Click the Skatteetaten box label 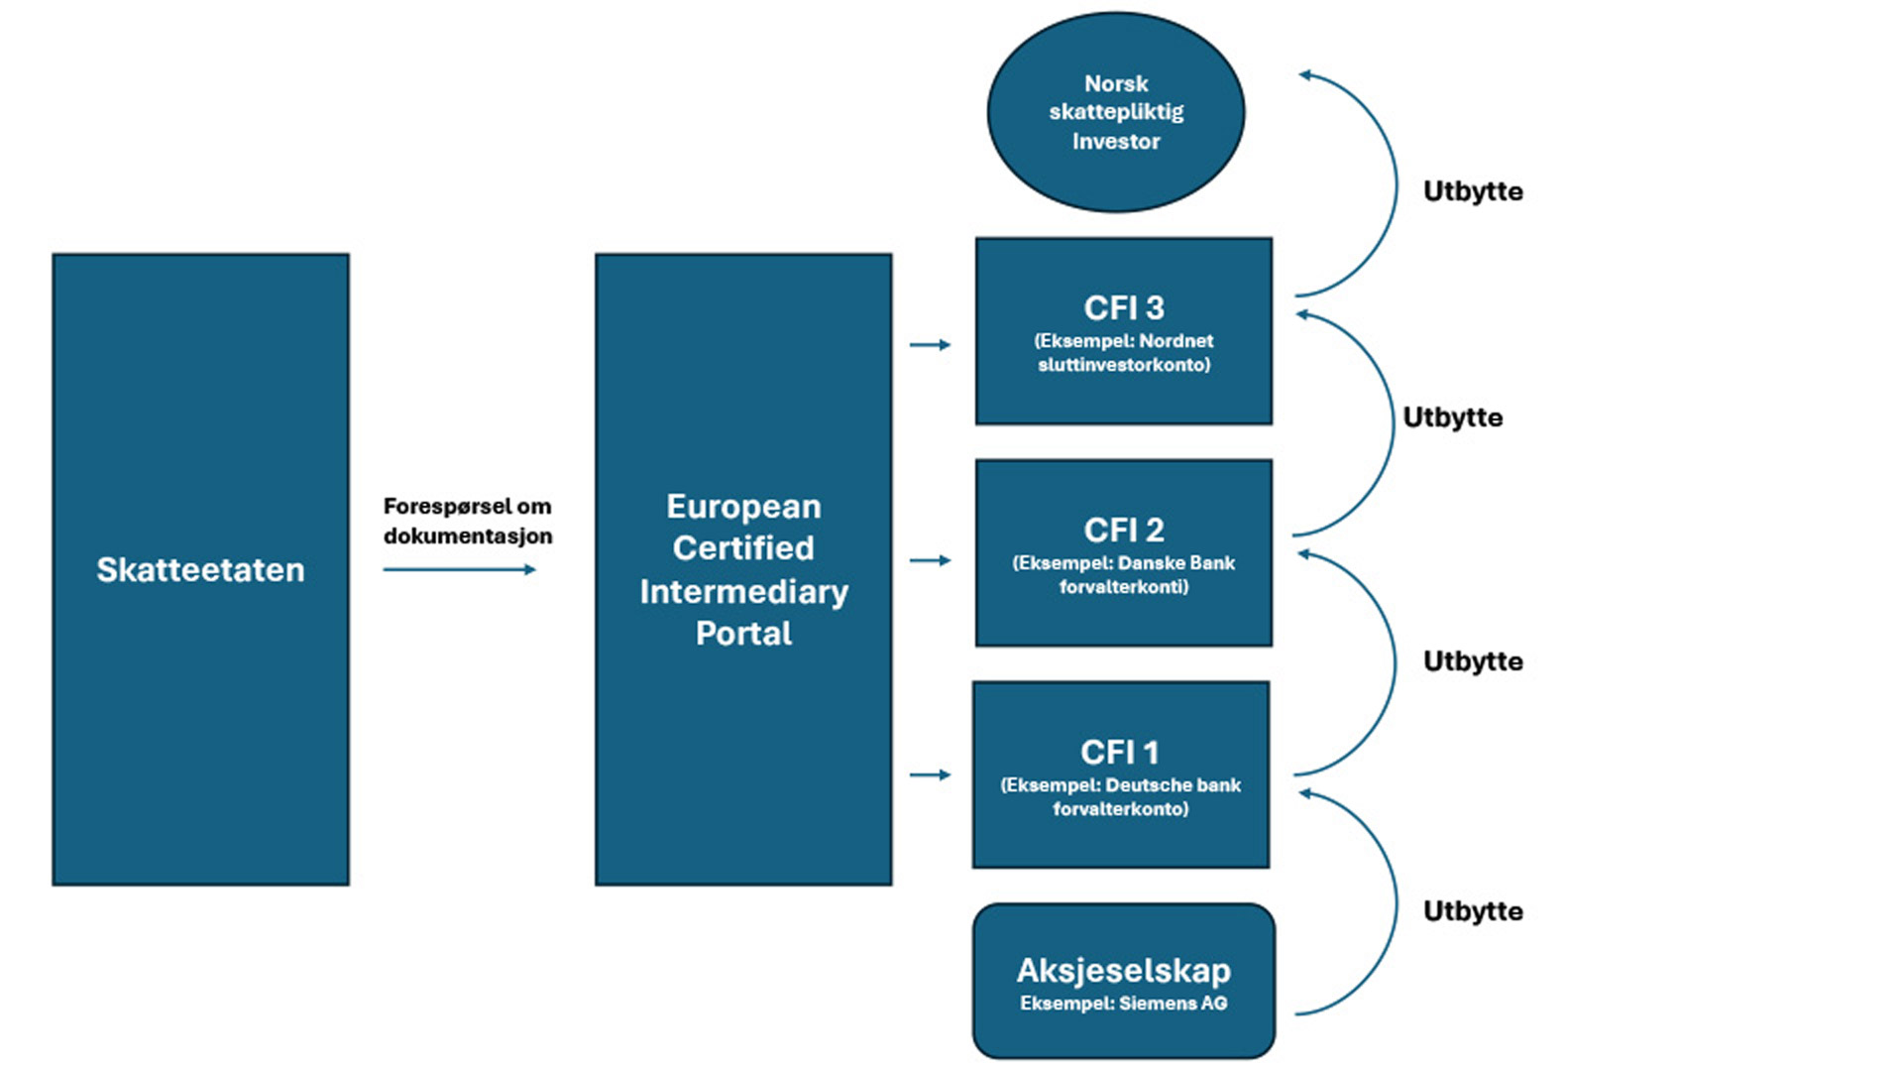point(200,570)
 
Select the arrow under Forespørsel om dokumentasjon point(459,569)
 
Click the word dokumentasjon point(468,536)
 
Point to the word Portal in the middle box point(743,634)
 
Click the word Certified point(743,548)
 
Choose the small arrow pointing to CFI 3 point(930,345)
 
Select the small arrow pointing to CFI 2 point(930,560)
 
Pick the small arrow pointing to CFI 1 point(930,774)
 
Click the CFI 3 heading point(1124,308)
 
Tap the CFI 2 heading point(1124,531)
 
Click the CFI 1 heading point(1120,753)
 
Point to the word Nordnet point(1176,341)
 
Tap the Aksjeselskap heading point(1124,970)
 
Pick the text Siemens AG point(1173,1004)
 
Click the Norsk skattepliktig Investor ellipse point(1116,112)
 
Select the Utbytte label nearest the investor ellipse point(1473,191)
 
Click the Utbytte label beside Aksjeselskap point(1473,911)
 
